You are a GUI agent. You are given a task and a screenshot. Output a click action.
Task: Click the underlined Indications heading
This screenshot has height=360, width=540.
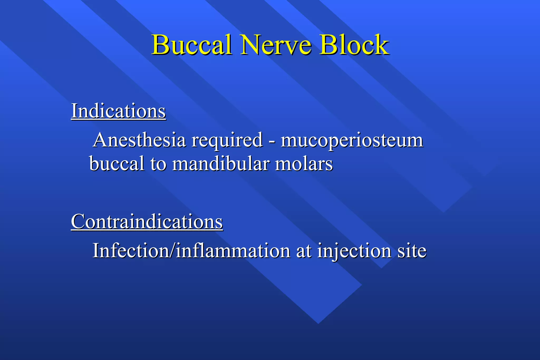click(118, 111)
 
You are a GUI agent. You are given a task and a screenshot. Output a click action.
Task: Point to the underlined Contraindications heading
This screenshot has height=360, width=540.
click(147, 222)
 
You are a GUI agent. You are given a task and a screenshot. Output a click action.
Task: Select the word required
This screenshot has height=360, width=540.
click(227, 140)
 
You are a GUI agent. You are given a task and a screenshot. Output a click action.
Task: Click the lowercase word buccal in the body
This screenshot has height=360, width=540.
click(117, 163)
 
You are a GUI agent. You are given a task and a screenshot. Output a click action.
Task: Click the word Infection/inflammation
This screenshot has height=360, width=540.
click(191, 250)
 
